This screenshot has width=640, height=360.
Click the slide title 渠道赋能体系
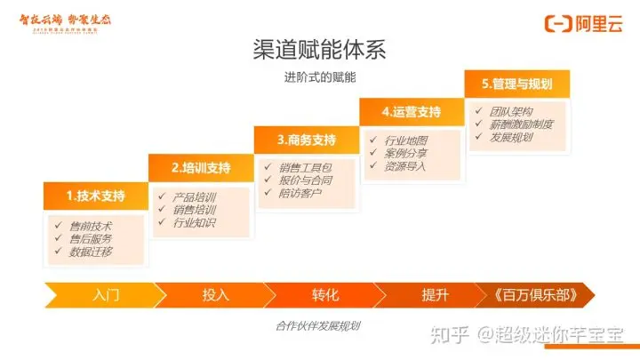[x=320, y=48]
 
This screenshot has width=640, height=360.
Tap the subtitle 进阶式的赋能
[x=320, y=77]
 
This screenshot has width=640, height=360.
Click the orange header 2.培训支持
[x=201, y=167]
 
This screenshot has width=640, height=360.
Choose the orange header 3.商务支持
[x=306, y=140]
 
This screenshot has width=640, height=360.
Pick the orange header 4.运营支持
[x=411, y=112]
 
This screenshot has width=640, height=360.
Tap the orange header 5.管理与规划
[x=516, y=84]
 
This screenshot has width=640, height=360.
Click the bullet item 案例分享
[x=405, y=153]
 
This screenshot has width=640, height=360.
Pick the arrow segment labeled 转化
[x=325, y=294]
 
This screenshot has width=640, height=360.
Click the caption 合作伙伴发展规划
[x=318, y=326]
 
